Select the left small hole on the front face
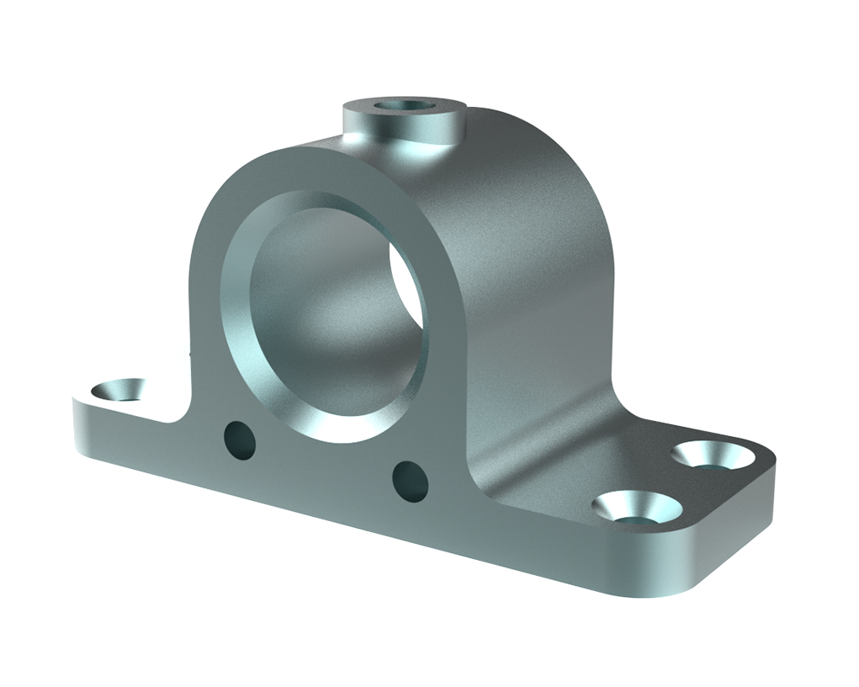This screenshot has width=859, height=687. pyautogui.click(x=239, y=440)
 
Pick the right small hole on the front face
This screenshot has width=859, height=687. pyautogui.click(x=411, y=480)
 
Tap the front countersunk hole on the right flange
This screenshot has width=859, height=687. pyautogui.click(x=638, y=508)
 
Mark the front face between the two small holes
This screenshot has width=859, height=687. pyautogui.click(x=324, y=459)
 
